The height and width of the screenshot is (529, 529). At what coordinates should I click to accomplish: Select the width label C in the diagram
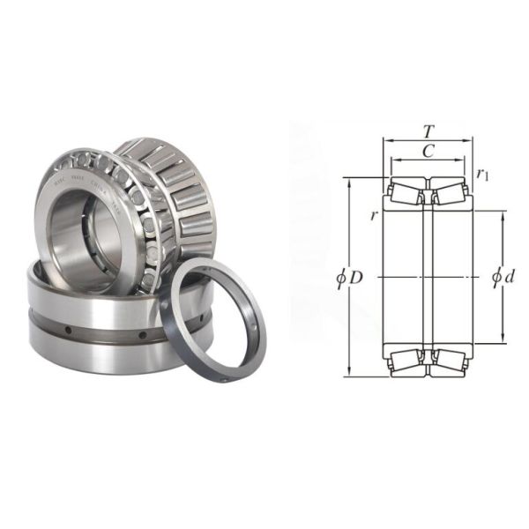pyautogui.click(x=428, y=151)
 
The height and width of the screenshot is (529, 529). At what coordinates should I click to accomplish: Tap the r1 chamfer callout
pyautogui.click(x=482, y=175)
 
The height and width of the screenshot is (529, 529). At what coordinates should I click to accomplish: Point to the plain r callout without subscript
pyautogui.click(x=374, y=216)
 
